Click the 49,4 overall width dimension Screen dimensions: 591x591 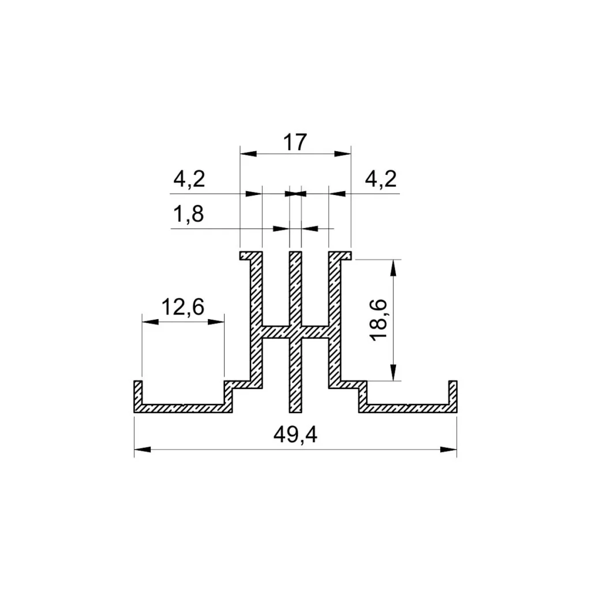coord(295,435)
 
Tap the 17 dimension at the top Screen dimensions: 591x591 coord(295,143)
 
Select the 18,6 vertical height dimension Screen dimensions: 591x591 coord(379,320)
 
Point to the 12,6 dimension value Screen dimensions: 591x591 coord(183,307)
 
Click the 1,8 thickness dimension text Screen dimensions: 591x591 coord(189,214)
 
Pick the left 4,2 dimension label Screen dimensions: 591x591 coord(189,179)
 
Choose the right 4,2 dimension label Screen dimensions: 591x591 coord(381,179)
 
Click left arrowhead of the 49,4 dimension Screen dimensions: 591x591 coord(143,449)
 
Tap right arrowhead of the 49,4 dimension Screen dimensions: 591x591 coord(448,449)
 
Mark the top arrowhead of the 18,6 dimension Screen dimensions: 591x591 coord(393,268)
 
